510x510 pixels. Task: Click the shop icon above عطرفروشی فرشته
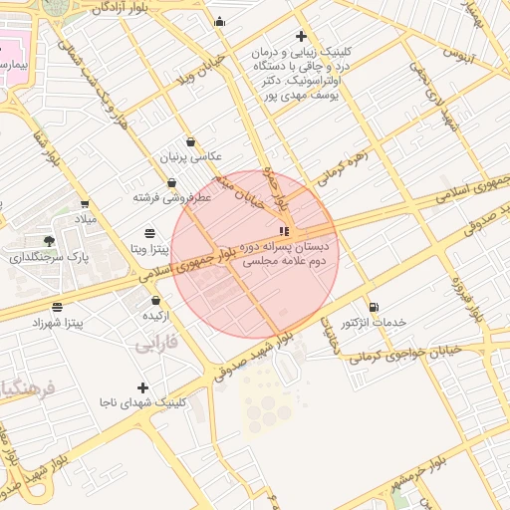173,183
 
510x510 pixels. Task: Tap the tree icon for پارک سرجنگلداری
49,241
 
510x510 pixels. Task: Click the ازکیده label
156,316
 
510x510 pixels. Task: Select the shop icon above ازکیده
155,301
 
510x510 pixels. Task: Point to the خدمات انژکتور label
374,324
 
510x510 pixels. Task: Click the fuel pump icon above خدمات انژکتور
373,308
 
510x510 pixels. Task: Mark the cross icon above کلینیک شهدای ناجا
142,387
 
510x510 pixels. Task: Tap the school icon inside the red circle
285,231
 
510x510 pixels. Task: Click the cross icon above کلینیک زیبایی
301,37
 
